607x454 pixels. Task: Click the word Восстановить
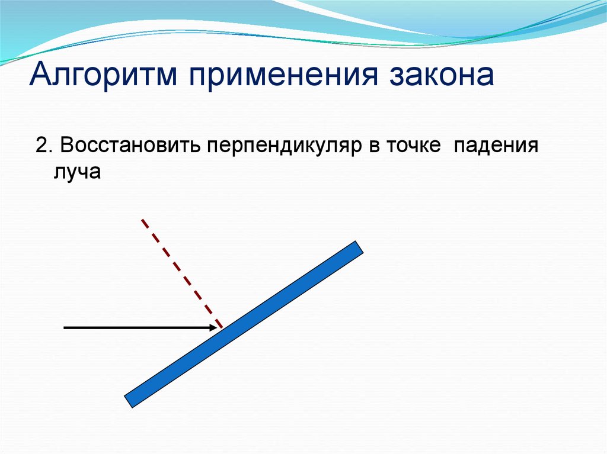[130, 146]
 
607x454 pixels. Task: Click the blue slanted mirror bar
[244, 324]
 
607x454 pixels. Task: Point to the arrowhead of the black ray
[213, 327]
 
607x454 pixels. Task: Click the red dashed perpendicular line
[182, 273]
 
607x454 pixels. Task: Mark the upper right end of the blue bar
[360, 247]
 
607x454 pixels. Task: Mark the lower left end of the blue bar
[128, 401]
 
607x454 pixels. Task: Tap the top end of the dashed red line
[142, 220]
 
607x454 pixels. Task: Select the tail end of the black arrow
[64, 328]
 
